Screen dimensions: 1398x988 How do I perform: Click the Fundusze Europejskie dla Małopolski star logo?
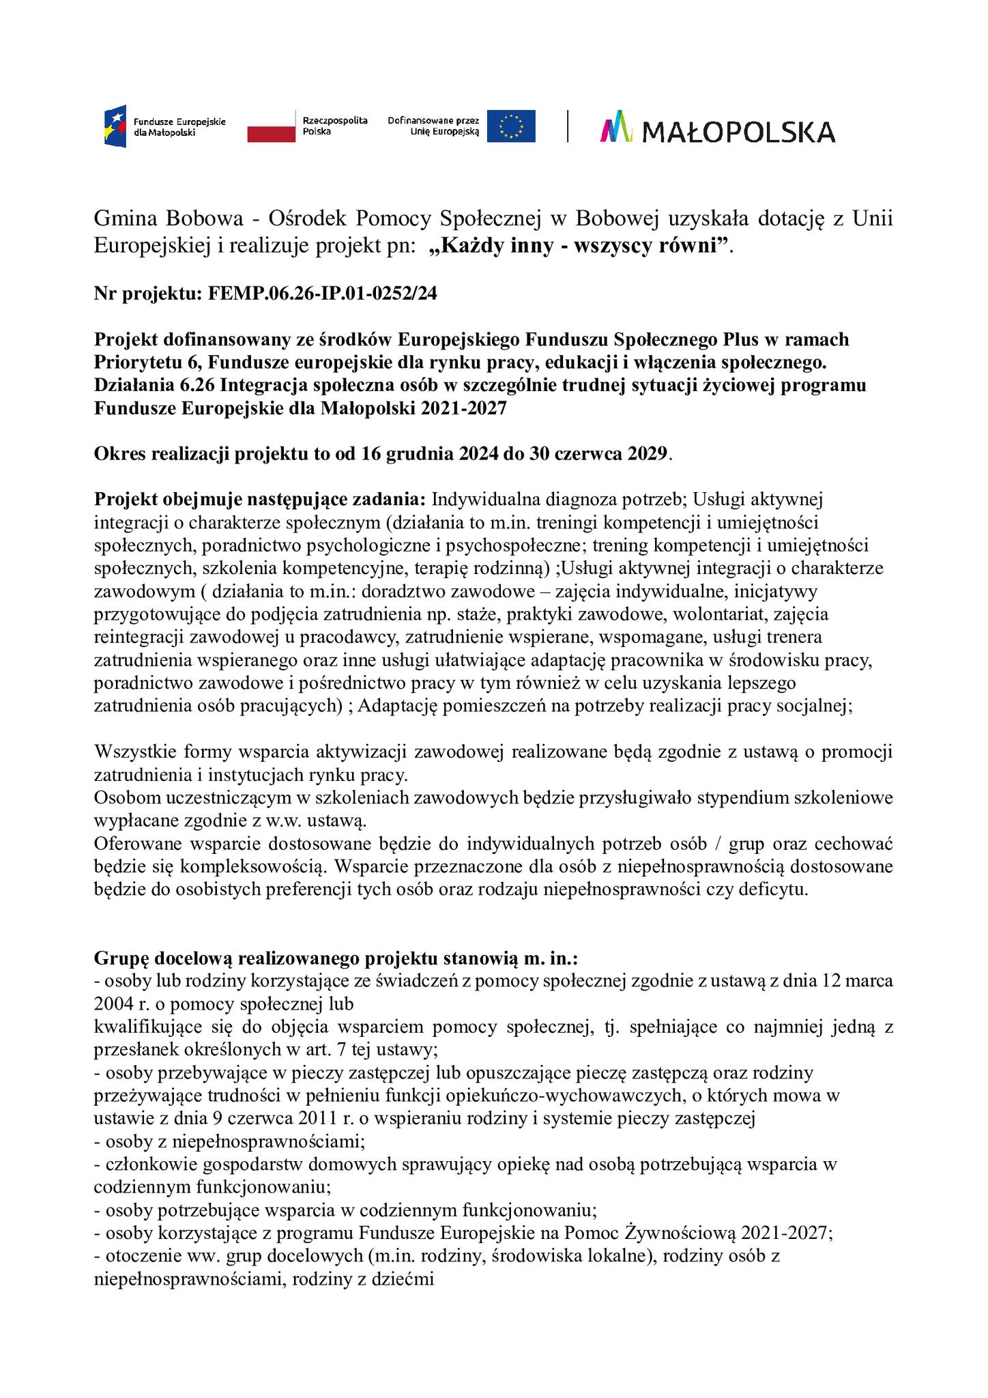pyautogui.click(x=115, y=127)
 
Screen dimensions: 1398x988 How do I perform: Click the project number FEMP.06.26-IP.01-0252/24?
pyautogui.click(x=322, y=294)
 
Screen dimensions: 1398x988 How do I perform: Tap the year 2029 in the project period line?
pyautogui.click(x=645, y=454)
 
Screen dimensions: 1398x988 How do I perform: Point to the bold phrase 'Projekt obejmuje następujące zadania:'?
pyautogui.click(x=260, y=500)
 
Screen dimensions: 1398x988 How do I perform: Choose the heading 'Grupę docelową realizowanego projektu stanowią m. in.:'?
pyautogui.click(x=336, y=958)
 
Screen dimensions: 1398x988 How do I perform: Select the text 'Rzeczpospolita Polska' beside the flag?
pyautogui.click(x=335, y=126)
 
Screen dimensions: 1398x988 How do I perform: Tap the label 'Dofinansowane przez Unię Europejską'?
pyautogui.click(x=434, y=126)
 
